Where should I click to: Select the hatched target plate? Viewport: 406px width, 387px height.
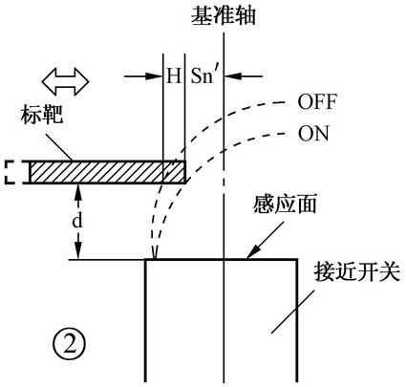click(105, 172)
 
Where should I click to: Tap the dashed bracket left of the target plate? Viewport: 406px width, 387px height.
click(13, 172)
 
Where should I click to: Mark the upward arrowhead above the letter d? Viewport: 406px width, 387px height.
click(78, 189)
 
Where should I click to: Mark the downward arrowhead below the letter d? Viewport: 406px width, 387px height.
click(78, 251)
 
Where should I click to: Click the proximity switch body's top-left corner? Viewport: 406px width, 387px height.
click(145, 259)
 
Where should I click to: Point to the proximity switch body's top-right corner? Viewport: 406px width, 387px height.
click(303, 259)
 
